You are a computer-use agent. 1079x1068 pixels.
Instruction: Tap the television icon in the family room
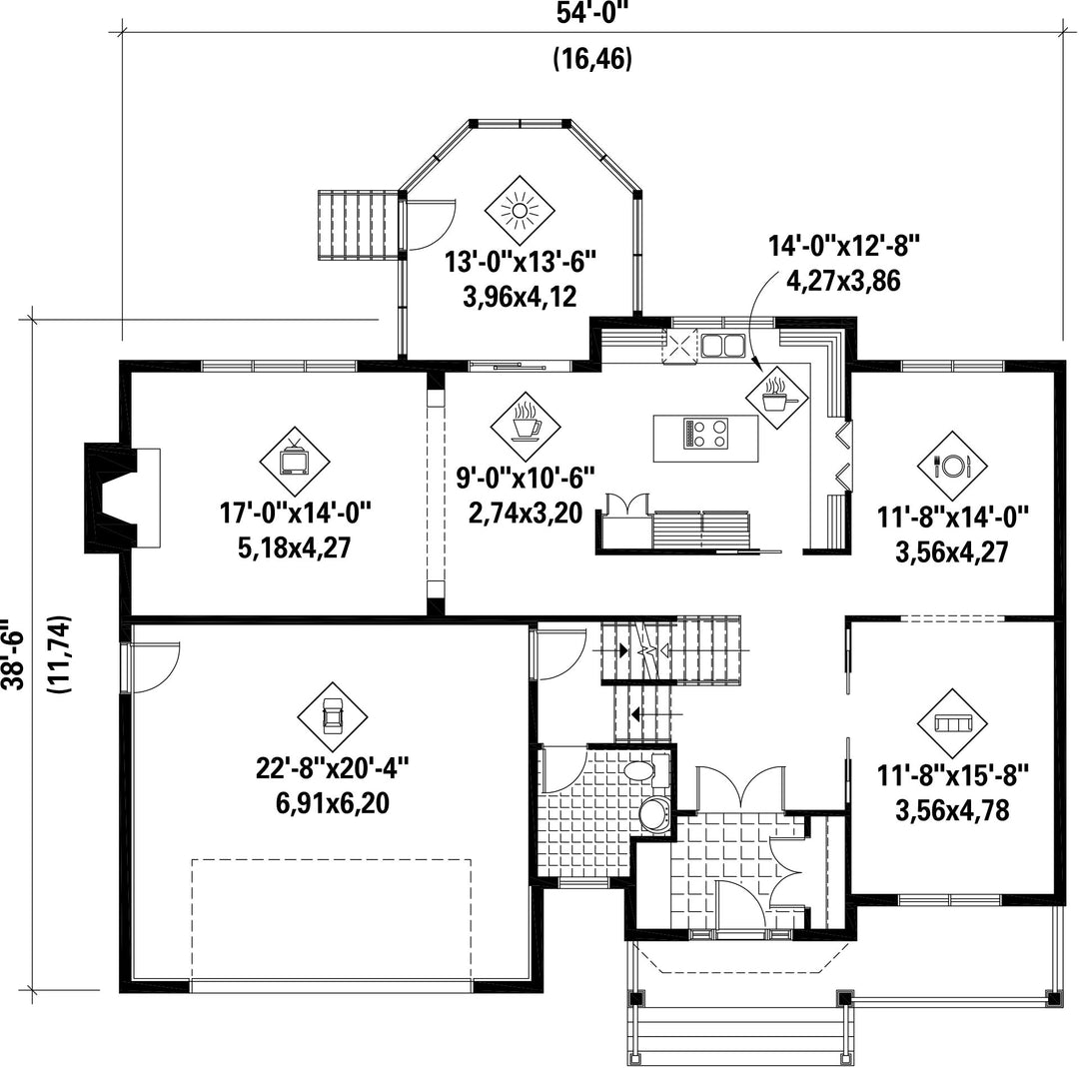pos(295,461)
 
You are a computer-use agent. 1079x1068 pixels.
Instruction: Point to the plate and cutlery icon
pos(952,466)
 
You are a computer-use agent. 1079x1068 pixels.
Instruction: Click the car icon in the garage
pos(333,717)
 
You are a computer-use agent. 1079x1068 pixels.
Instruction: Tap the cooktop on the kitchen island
pos(706,434)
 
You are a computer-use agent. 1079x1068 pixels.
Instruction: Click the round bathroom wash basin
pos(653,815)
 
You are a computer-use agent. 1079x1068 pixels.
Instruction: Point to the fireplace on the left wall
pos(123,498)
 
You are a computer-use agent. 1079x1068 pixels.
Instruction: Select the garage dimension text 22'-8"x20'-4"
pos(333,767)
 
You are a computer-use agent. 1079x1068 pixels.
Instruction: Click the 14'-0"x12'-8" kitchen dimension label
pos(843,245)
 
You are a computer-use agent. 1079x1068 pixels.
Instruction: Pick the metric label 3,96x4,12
pos(521,298)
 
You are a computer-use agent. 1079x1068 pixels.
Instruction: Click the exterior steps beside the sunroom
pos(358,225)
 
